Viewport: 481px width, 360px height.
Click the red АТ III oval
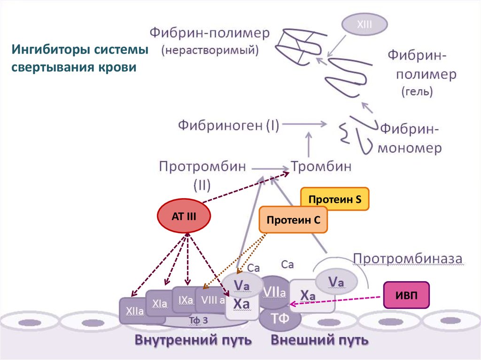(184, 216)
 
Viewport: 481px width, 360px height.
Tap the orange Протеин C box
(293, 220)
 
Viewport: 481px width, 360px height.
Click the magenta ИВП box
(407, 295)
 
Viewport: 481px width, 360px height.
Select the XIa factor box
(159, 304)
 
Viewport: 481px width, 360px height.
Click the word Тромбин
(321, 166)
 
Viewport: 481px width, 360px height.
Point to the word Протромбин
(202, 166)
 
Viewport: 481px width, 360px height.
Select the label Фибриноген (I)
(228, 125)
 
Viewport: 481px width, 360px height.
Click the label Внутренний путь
(194, 339)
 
